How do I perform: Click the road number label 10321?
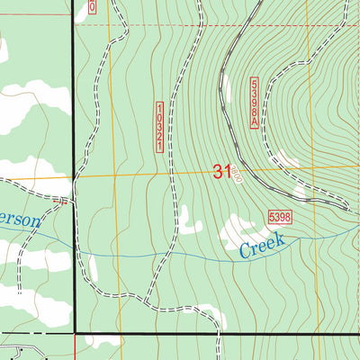[160, 125]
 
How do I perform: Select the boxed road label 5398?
[280, 216]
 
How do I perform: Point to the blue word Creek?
[262, 245]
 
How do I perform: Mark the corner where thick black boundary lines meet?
[74, 333]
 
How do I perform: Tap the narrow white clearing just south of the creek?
[92, 267]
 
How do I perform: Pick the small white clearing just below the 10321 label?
[187, 219]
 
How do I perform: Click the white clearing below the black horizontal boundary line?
[103, 342]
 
